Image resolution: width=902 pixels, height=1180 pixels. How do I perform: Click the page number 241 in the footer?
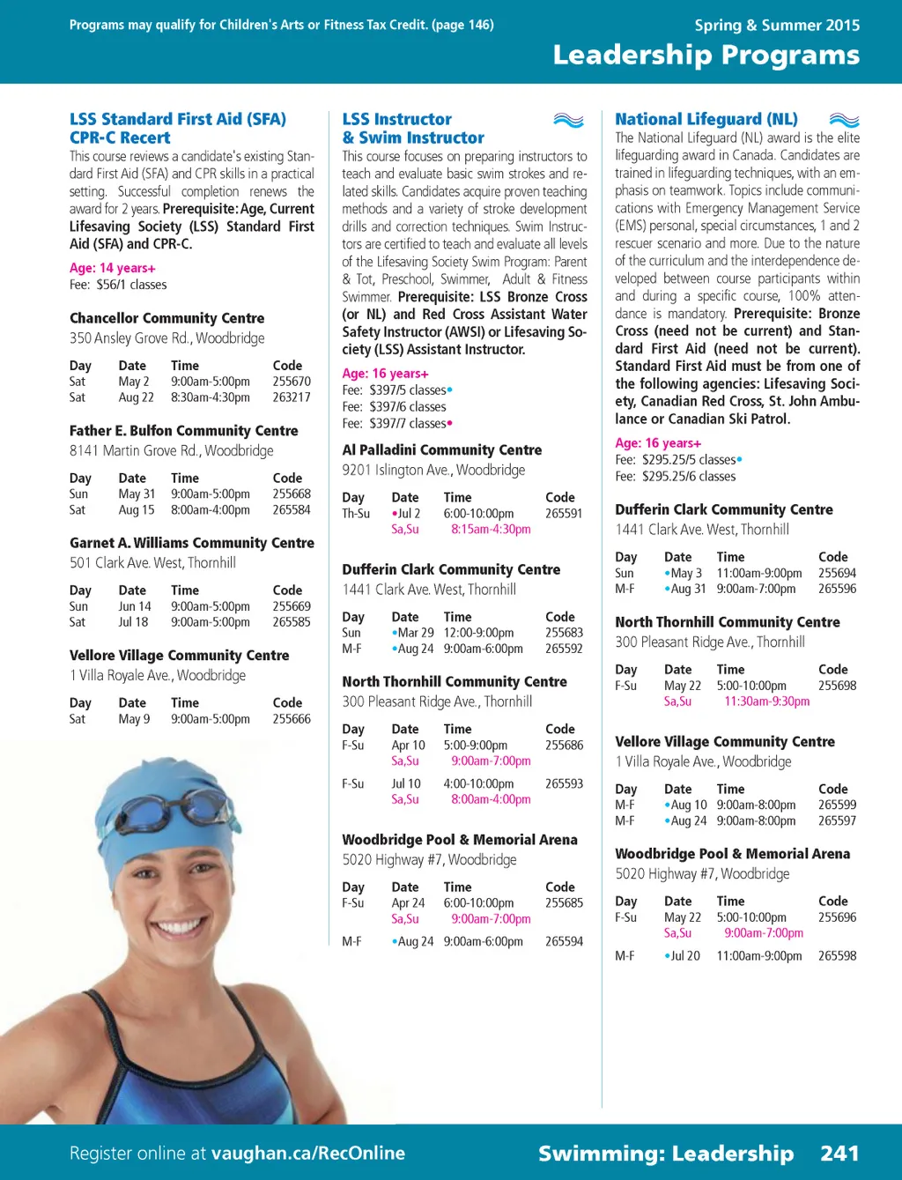(x=839, y=1154)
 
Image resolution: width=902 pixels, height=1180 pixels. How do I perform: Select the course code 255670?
(x=292, y=382)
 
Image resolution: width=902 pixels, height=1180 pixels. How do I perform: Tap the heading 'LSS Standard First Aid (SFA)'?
(x=178, y=119)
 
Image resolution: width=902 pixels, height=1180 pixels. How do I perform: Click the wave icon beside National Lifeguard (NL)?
(x=844, y=120)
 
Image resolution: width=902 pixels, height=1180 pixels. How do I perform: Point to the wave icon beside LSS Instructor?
(x=569, y=120)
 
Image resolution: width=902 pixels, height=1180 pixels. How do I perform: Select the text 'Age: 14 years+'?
(x=113, y=268)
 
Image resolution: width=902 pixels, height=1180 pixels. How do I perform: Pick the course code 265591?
(x=564, y=514)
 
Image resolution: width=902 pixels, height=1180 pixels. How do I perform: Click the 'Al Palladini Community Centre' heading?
(x=441, y=450)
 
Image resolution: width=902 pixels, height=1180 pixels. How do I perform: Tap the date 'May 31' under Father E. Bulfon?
(x=137, y=494)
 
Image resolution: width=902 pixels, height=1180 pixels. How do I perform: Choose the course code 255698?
(x=837, y=686)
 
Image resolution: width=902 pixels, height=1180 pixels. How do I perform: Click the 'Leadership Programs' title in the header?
(x=706, y=56)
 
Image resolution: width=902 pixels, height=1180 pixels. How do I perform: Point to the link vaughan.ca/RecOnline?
(x=308, y=1154)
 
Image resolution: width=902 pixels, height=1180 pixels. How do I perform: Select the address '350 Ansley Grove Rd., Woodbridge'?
(x=166, y=338)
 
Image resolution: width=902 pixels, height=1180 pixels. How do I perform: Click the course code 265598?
(x=837, y=956)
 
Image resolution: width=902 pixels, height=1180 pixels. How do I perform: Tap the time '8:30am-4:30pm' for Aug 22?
(x=211, y=397)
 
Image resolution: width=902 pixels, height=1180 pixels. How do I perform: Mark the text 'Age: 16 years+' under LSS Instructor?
(x=385, y=374)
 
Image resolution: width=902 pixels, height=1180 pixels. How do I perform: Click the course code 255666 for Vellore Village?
(x=292, y=719)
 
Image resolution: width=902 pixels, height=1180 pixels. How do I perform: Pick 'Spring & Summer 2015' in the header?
(x=777, y=25)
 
